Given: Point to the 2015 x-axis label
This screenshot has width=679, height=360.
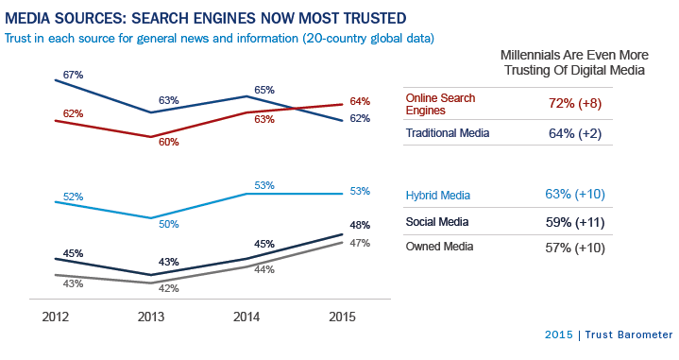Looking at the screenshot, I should [x=342, y=317].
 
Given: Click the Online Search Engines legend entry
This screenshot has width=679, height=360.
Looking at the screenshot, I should [x=440, y=104].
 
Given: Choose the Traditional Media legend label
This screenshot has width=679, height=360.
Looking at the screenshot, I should [x=448, y=133].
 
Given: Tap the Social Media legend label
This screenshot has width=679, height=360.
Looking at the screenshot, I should [x=438, y=222].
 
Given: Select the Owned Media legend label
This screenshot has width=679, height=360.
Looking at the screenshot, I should [x=439, y=248].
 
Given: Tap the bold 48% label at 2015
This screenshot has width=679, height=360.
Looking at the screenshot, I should [x=358, y=226].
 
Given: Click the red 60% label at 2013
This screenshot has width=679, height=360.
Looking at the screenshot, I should [x=169, y=142].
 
